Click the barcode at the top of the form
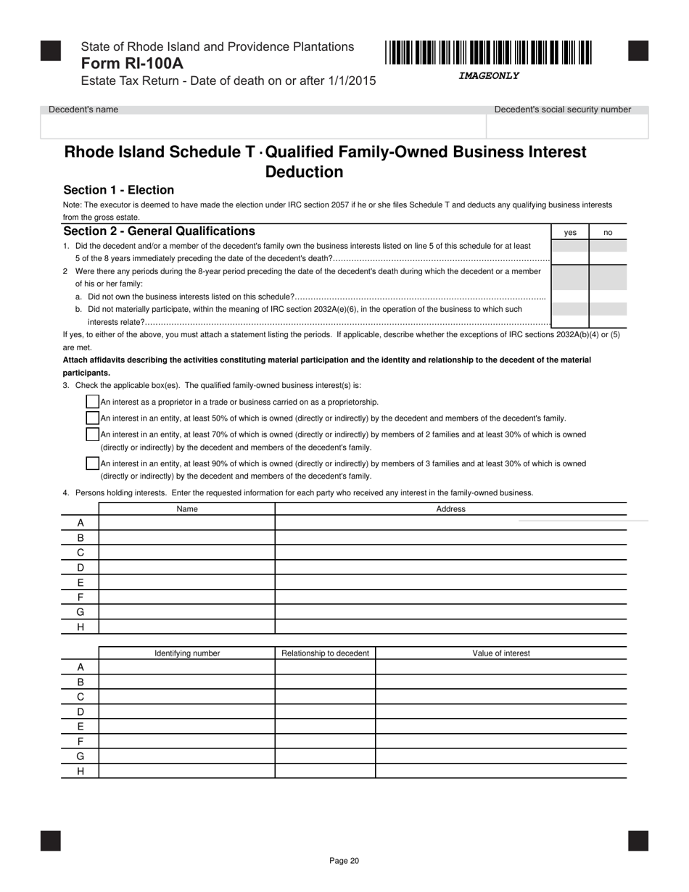point(488,54)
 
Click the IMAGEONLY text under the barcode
point(488,76)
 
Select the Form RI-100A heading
point(132,63)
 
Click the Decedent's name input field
point(263,126)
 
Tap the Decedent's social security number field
point(566,126)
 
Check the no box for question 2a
point(608,296)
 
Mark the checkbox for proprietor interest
point(92,402)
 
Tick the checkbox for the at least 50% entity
point(92,418)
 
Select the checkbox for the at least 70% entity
point(92,434)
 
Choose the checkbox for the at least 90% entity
point(92,463)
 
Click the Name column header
point(187,509)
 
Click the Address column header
point(450,509)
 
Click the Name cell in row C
point(187,553)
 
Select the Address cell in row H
point(450,627)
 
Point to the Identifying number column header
point(187,653)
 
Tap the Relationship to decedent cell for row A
point(325,667)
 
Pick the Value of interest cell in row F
point(500,741)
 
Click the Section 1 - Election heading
point(119,190)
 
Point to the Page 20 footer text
point(344,861)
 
